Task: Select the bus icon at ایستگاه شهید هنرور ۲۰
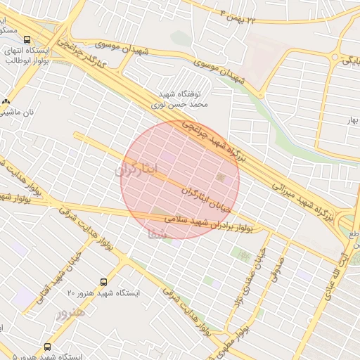(x=104, y=281)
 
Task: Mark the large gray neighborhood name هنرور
(x=70, y=312)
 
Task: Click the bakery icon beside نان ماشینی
(x=7, y=101)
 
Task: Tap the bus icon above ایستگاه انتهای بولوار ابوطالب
(x=27, y=40)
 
